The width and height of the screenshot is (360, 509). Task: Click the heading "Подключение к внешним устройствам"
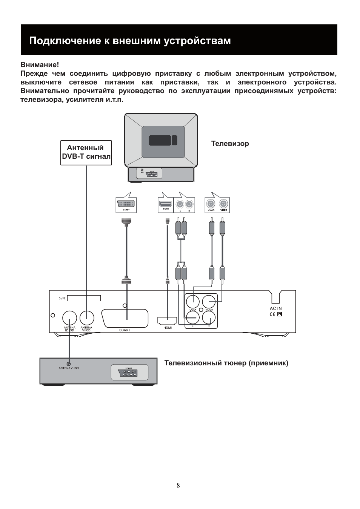tap(130, 41)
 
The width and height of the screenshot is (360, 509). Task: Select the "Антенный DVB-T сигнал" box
tap(86, 153)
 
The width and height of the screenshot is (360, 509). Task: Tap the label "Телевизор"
tap(230, 144)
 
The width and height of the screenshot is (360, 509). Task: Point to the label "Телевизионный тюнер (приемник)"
tap(226, 363)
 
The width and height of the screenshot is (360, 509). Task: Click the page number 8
tap(178, 485)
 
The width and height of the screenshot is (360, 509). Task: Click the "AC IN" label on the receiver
tap(275, 308)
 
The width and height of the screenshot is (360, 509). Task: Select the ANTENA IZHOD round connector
tap(69, 317)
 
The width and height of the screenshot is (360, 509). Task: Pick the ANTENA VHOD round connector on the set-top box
tap(87, 317)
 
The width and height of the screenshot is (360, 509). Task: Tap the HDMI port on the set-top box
tap(167, 321)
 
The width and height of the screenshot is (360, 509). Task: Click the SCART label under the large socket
tap(125, 330)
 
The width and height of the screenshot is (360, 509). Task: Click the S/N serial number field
tap(84, 298)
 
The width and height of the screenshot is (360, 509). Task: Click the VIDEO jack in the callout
tap(224, 204)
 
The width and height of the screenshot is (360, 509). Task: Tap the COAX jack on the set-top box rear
tap(193, 302)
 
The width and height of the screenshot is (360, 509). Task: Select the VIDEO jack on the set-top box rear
tap(209, 302)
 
